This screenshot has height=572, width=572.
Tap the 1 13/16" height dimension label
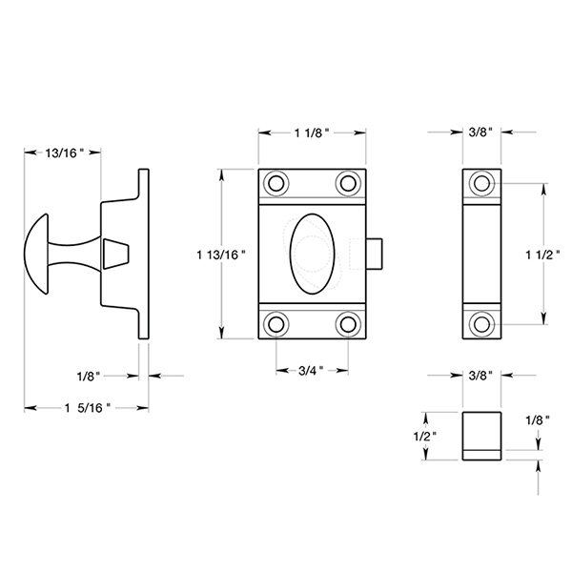(x=221, y=254)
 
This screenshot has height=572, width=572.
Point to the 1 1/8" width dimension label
(x=311, y=134)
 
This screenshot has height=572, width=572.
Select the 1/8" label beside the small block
(x=536, y=419)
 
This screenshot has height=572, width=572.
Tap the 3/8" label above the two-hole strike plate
(x=481, y=134)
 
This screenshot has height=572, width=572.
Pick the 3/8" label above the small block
(x=481, y=377)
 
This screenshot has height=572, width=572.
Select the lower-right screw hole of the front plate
(x=347, y=324)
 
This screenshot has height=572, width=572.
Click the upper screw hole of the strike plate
(x=482, y=182)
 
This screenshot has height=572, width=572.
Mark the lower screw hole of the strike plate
(x=482, y=324)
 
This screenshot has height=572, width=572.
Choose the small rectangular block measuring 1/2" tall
(x=482, y=435)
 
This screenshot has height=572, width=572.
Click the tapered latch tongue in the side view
(x=114, y=254)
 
